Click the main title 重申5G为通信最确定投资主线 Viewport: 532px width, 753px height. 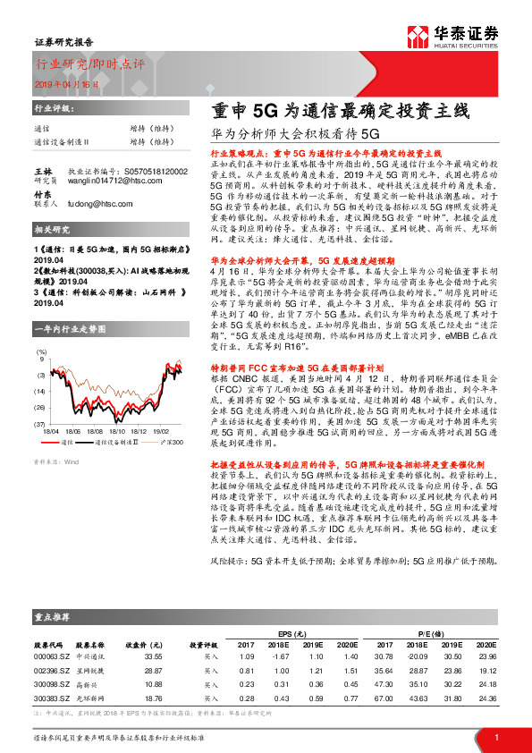tap(340, 112)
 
